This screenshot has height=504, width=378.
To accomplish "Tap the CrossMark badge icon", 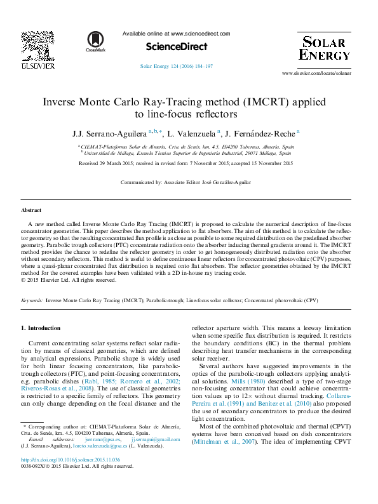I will [96, 41].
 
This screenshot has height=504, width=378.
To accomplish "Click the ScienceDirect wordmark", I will [177, 46].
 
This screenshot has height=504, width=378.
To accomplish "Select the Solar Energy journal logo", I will [324, 48].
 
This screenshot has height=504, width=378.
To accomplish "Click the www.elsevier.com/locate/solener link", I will [316, 74].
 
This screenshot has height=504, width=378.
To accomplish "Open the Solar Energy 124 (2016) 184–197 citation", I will [176, 66].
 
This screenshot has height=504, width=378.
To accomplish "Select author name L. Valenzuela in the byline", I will [194, 133].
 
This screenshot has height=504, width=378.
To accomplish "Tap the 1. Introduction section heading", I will [41, 328].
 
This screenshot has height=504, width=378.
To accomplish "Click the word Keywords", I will [32, 300].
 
